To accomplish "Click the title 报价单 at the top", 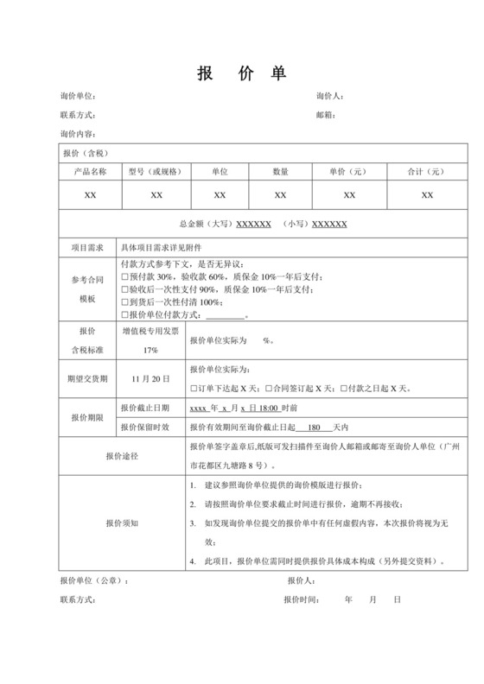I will [x=242, y=72].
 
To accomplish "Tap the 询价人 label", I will [x=330, y=96].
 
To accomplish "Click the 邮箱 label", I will [x=326, y=115].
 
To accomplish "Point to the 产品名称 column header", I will [x=90, y=171].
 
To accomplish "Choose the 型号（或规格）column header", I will [x=156, y=171].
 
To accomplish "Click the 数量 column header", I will [x=280, y=171].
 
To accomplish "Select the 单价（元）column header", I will [x=349, y=171].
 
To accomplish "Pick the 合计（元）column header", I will [x=425, y=171].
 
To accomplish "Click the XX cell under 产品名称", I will [x=90, y=195].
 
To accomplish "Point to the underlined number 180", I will [x=314, y=427].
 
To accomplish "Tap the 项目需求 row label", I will [x=88, y=247].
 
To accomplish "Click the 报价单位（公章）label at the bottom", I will [x=94, y=580].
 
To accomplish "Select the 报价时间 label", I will [x=305, y=598].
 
